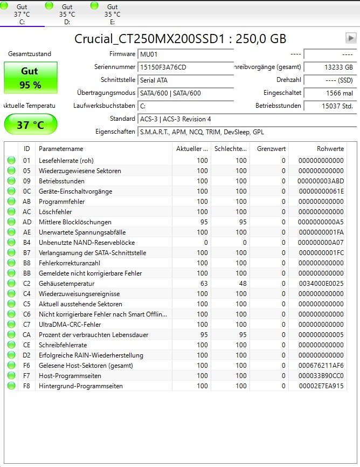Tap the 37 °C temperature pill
tap(31, 125)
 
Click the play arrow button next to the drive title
tap(351, 38)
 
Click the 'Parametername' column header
tap(61, 149)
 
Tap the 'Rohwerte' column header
tap(330, 149)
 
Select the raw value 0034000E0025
tap(322, 284)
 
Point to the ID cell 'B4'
tap(27, 243)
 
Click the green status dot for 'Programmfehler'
tap(11, 202)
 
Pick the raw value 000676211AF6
tap(322, 366)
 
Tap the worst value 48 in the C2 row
tap(241, 284)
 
